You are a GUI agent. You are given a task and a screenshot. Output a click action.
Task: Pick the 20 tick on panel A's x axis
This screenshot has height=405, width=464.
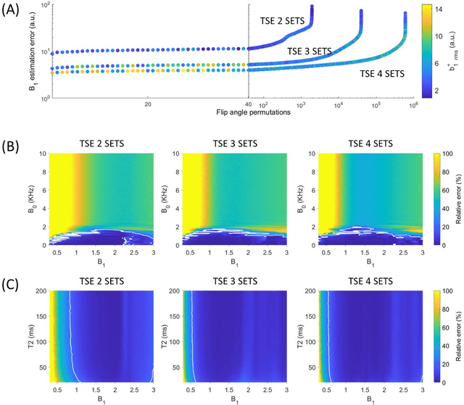tap(147, 104)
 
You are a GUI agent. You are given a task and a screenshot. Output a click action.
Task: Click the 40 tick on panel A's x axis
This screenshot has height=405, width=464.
tap(248, 104)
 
